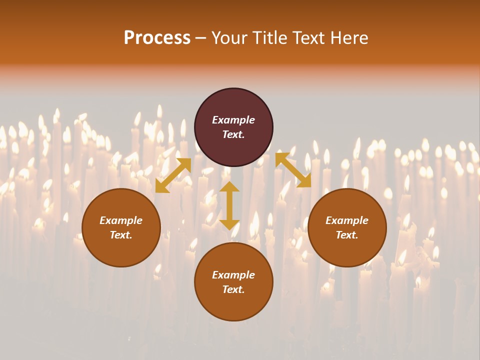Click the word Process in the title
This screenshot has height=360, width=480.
tap(157, 38)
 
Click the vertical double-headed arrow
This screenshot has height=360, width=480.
tap(229, 206)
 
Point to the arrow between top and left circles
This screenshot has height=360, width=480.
tap(173, 175)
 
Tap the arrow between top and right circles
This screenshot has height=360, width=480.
tap(293, 170)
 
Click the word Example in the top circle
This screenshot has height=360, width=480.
tap(233, 120)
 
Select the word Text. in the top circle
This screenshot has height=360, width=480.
tap(233, 134)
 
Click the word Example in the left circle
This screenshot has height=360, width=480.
tap(121, 220)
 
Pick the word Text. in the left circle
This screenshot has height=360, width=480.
tap(121, 235)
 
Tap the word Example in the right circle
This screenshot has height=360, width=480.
tap(347, 220)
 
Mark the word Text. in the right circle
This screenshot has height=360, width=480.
tap(347, 235)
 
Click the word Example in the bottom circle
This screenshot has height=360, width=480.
tap(233, 275)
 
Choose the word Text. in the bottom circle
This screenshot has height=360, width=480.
tap(233, 289)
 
